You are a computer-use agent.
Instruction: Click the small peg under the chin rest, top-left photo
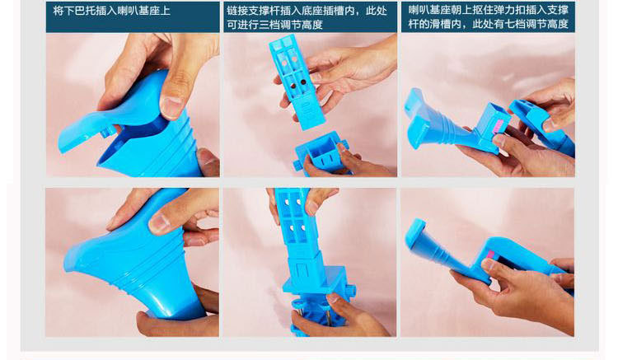(105, 133)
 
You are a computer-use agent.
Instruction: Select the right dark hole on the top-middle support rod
(303, 82)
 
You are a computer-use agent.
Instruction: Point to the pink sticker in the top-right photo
(499, 126)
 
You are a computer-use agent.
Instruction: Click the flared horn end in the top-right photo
(417, 117)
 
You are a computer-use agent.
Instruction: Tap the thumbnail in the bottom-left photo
(161, 223)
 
